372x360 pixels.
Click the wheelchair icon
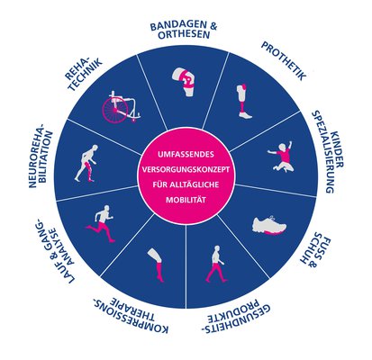pos(121,106)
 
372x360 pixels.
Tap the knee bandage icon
pos(184,82)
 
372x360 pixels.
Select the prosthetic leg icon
pos(243,102)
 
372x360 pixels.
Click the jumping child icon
pos(281,156)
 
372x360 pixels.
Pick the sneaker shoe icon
pos(269,225)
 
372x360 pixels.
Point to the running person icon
pos(101,223)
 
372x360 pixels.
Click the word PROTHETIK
pos(284,61)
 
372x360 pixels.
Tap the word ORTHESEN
pos(184,35)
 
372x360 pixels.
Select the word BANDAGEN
pos(179,26)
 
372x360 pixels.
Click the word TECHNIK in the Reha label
pos(86,75)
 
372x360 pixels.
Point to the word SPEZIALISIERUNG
pos(322,152)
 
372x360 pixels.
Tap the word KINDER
pos(337,149)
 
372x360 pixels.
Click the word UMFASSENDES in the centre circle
pos(186,155)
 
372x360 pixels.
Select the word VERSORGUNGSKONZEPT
pos(186,169)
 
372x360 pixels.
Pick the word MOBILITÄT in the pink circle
pos(186,200)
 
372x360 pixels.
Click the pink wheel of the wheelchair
pos(114,110)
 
